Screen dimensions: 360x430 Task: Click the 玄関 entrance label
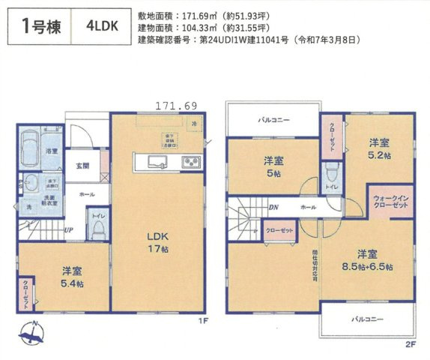click(x=82, y=166)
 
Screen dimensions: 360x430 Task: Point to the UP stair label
click(x=68, y=229)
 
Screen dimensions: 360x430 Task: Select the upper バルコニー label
click(x=274, y=120)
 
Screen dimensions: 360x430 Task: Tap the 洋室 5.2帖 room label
click(x=378, y=148)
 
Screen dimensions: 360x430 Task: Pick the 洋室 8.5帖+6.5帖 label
click(x=366, y=259)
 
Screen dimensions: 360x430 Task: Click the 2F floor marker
click(x=410, y=344)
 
